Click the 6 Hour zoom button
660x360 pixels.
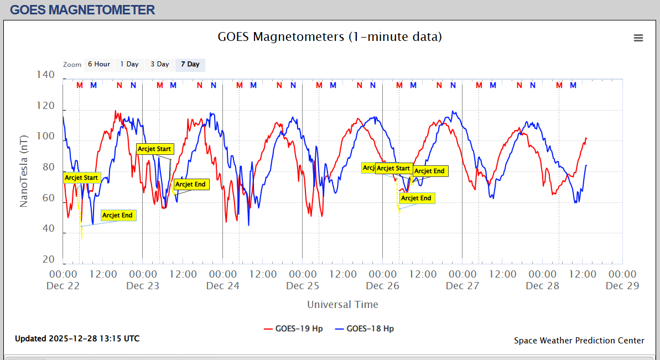(x=99, y=64)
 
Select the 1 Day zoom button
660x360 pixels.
(x=129, y=64)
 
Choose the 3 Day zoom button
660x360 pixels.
(x=160, y=64)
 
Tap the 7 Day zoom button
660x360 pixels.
(x=190, y=64)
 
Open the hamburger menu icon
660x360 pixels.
(x=638, y=38)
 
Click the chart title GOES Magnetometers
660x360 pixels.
(x=330, y=37)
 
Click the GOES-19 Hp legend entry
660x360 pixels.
(x=293, y=328)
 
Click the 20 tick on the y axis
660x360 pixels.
(x=48, y=259)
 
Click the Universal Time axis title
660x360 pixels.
(x=342, y=304)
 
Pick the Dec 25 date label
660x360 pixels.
(x=303, y=286)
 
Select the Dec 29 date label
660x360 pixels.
(x=622, y=286)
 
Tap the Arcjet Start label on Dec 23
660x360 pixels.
(x=154, y=149)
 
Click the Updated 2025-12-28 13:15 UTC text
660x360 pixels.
(x=77, y=338)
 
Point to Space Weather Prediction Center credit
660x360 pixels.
(x=579, y=341)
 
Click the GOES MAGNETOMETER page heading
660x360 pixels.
(x=82, y=9)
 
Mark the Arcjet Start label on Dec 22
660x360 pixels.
(x=81, y=178)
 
